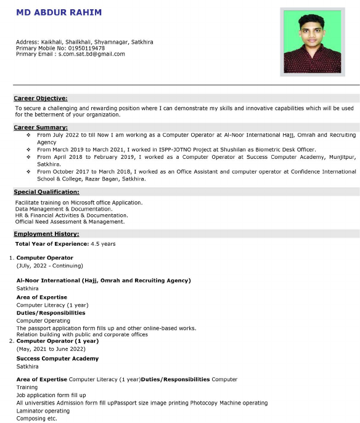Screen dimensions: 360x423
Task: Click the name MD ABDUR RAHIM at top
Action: [x=59, y=12]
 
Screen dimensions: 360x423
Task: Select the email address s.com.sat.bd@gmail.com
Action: [x=92, y=54]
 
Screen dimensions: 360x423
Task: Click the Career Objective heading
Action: [x=41, y=98]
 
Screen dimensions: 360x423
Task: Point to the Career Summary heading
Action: [x=41, y=127]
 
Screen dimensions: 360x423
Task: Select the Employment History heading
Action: [x=46, y=234]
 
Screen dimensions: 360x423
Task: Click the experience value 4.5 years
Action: [x=102, y=244]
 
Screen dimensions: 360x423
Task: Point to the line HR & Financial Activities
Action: [x=72, y=216]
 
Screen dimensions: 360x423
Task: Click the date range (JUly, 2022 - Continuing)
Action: [x=49, y=266]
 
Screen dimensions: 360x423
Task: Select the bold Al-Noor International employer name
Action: [x=104, y=280]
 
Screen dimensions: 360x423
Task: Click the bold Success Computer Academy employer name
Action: [x=57, y=358]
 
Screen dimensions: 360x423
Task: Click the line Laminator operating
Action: [x=43, y=411]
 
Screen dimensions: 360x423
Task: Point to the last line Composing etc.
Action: [x=36, y=418]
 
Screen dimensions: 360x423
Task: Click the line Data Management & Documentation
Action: [x=63, y=209]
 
